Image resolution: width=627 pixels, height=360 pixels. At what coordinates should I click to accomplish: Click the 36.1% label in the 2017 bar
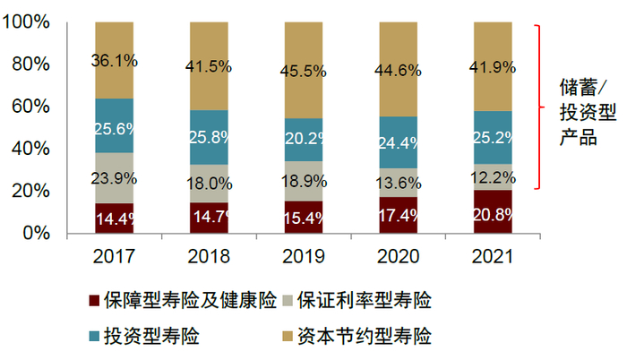pyautogui.click(x=114, y=61)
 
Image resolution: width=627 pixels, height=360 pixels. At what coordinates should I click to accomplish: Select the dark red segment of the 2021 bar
pyautogui.click(x=491, y=211)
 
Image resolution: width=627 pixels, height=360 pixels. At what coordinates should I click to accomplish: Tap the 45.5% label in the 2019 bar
pyautogui.click(x=304, y=69)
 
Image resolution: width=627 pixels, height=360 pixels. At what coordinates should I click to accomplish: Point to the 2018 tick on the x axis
pyautogui.click(x=209, y=257)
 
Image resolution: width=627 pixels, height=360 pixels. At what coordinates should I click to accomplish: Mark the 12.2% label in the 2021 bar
pyautogui.click(x=491, y=176)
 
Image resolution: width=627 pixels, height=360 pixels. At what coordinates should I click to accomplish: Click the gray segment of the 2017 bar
pyautogui.click(x=114, y=178)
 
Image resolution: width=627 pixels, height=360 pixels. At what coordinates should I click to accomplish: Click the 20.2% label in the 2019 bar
pyautogui.click(x=304, y=140)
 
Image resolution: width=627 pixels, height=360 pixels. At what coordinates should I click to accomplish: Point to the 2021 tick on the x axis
pyautogui.click(x=491, y=257)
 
